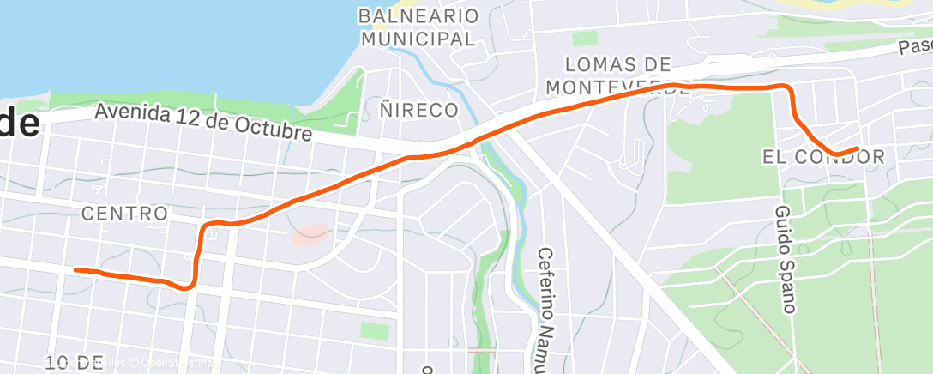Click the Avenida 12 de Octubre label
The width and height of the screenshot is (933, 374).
pos(202,123)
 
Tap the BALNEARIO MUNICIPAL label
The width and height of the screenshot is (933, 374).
pos(418,27)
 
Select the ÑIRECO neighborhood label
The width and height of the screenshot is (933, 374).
pos(418,110)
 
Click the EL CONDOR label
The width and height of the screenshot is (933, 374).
pos(822,157)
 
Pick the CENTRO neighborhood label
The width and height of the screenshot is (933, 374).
pos(124,213)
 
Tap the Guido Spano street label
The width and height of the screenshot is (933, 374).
pos(785,257)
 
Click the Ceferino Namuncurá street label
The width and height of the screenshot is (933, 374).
pos(546,309)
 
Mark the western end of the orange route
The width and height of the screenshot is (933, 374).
pos(76,269)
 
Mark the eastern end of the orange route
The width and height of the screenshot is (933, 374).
pos(857,148)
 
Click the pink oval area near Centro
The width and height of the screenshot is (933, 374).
pos(310,234)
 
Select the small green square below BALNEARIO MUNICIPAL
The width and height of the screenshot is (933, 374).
pos(585,38)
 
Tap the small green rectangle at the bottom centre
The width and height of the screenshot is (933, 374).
pos(374,330)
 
